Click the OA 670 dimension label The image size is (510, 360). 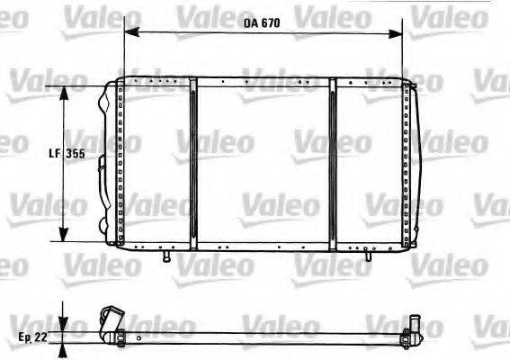pos(262,24)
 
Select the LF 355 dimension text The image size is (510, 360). pos(67,154)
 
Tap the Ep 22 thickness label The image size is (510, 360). pos(31,337)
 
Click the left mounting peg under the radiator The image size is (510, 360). pos(166,256)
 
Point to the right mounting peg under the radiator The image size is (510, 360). pos(366,256)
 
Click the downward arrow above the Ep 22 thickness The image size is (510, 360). pos(63,322)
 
